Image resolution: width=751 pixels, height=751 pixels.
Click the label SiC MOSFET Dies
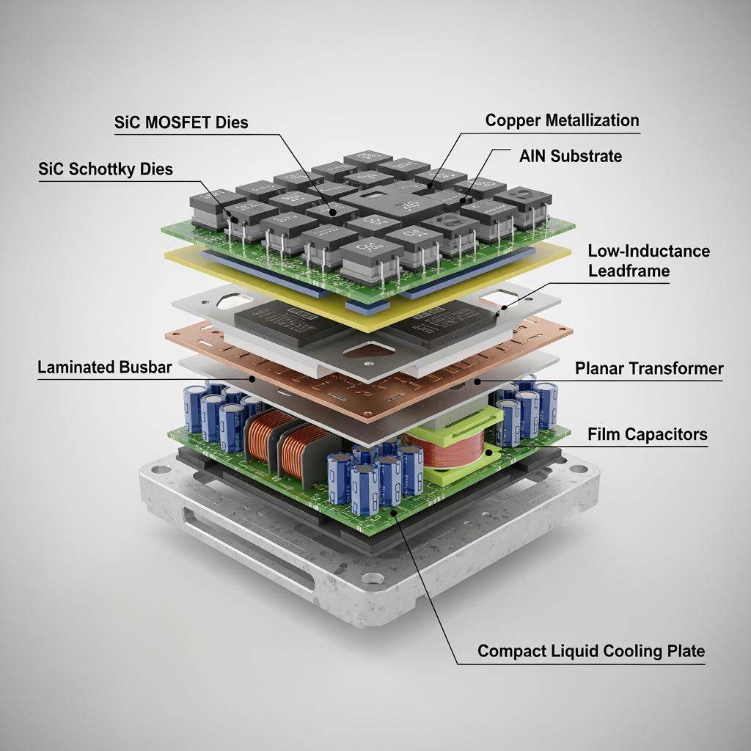tap(181, 122)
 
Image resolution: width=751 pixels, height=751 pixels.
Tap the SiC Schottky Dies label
tap(105, 169)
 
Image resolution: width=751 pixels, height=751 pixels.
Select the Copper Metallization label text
tap(562, 120)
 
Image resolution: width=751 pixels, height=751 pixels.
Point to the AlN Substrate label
tap(570, 155)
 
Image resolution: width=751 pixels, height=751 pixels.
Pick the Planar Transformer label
tap(649, 368)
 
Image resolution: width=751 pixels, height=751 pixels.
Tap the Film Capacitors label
tap(648, 434)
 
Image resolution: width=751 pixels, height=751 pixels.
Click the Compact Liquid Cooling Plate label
tap(590, 651)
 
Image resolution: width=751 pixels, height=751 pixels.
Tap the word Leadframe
tap(629, 271)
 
